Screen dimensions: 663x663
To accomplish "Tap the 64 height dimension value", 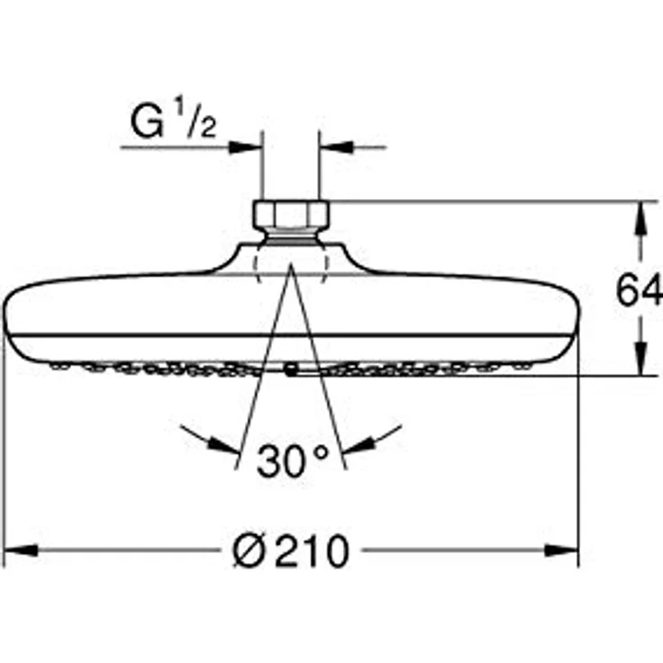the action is (x=639, y=290).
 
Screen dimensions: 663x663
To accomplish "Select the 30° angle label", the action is (x=292, y=460).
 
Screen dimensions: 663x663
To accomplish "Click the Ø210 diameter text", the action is (x=291, y=549).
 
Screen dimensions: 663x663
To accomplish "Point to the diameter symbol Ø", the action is (x=250, y=549).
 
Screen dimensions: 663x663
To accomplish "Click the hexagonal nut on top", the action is (x=291, y=214).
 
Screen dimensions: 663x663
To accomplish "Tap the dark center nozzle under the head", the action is (x=290, y=370).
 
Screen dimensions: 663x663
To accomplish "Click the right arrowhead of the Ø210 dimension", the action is (x=561, y=550).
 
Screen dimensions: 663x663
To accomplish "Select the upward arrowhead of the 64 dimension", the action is (x=641, y=219).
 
